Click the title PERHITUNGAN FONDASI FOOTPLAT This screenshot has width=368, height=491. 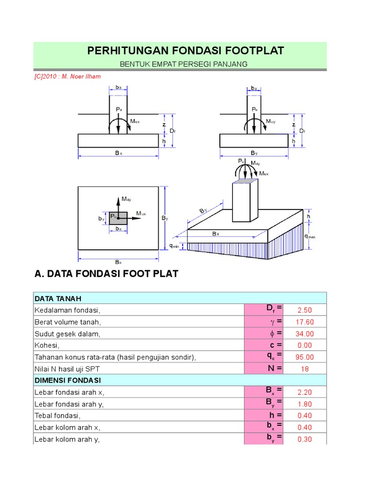185,50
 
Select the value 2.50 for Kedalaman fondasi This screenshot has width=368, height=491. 304,310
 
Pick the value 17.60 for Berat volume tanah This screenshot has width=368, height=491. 304,322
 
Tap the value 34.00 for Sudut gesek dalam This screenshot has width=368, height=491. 304,334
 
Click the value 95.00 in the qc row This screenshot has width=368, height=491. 304,357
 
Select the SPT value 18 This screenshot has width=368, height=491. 304,369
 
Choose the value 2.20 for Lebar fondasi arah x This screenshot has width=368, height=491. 304,392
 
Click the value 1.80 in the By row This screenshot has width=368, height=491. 304,404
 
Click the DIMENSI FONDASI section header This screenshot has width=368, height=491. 67,380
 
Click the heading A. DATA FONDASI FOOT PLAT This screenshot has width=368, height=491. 106,274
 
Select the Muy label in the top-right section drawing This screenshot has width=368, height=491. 271,121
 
